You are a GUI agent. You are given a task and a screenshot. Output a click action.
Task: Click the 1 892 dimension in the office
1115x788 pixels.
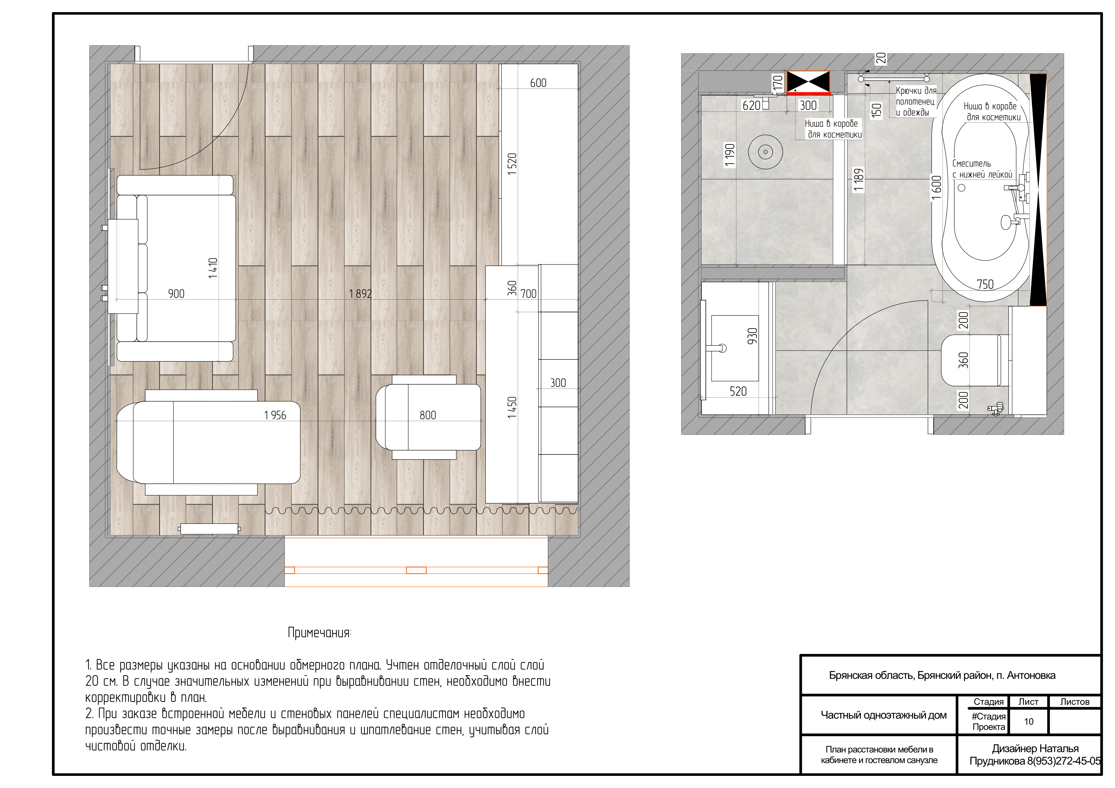(x=360, y=294)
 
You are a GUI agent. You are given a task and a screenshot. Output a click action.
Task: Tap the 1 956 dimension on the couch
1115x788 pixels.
(x=275, y=415)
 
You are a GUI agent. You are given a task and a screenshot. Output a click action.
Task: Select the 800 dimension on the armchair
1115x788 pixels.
(x=428, y=415)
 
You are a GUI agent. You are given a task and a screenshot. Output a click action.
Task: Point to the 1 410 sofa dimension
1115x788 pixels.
(x=213, y=268)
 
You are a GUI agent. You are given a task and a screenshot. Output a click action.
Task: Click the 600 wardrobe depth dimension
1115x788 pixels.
(x=538, y=83)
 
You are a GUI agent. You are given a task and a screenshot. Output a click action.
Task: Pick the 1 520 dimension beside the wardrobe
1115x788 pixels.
(x=512, y=164)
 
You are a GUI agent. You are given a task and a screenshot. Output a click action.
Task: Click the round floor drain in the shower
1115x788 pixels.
(x=765, y=152)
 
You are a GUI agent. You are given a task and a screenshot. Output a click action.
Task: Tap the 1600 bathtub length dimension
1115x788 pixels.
(x=936, y=187)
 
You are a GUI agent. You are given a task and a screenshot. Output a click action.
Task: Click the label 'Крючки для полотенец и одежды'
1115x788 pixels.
(x=915, y=101)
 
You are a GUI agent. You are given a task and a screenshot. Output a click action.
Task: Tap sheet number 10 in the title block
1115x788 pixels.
(x=1029, y=722)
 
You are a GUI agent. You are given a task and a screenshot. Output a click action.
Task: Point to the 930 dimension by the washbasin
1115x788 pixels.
(x=752, y=336)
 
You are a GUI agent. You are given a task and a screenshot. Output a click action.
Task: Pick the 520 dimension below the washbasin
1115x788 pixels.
(x=738, y=391)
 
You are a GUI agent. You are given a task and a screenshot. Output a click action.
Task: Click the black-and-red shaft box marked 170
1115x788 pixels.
(x=808, y=83)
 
